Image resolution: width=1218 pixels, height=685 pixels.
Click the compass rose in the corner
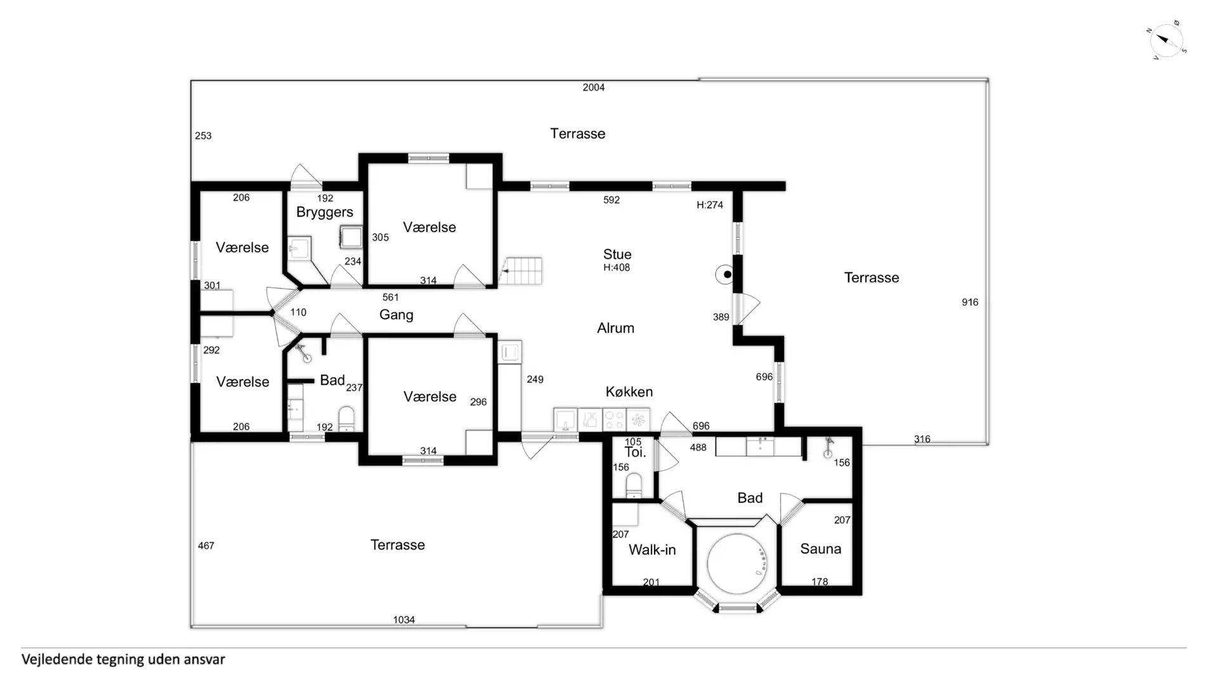[x=1167, y=41]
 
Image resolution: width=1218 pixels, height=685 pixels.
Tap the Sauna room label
[x=820, y=549]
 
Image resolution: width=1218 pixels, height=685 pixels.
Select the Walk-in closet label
[x=652, y=550]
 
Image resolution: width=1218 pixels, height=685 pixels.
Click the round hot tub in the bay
[x=737, y=564]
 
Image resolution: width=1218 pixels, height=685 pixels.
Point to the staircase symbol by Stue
[x=521, y=271]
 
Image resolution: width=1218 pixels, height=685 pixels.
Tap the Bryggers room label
[x=325, y=212]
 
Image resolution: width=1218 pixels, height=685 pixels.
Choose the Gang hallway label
[x=396, y=315]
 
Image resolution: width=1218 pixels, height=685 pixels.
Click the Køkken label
[x=629, y=392]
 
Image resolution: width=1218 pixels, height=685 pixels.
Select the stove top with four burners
[x=614, y=419]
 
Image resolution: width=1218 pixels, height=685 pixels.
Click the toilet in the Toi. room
[x=634, y=486]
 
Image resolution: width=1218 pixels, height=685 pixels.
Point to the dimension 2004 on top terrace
[x=594, y=88]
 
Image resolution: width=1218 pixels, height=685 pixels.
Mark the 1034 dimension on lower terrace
[x=404, y=620]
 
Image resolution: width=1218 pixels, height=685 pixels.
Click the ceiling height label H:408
[x=617, y=268]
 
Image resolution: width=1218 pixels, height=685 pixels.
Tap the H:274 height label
[x=710, y=205]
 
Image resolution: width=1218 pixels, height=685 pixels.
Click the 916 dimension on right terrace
[x=970, y=302]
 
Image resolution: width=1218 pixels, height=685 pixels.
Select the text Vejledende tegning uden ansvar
[x=123, y=660]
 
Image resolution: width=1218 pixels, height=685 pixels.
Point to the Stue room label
[x=617, y=254]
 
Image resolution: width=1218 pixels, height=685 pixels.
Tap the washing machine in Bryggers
[x=351, y=237]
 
